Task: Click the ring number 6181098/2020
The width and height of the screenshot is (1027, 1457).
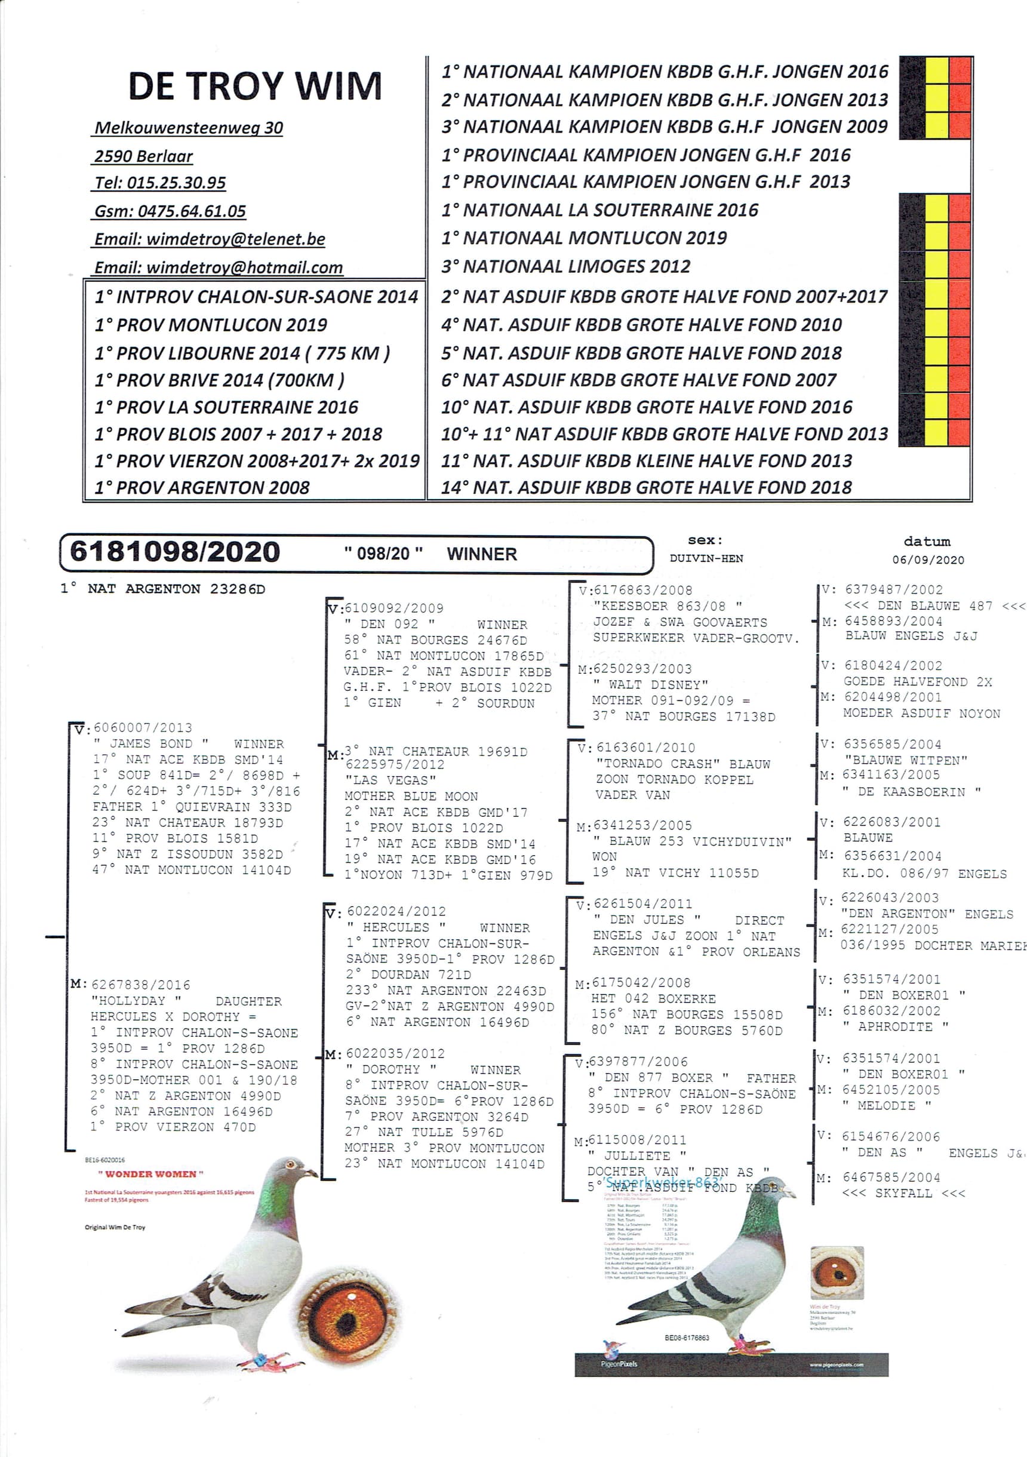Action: pyautogui.click(x=174, y=552)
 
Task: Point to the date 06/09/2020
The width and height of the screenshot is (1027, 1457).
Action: pyautogui.click(x=927, y=560)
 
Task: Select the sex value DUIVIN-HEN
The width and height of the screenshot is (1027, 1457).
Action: pyautogui.click(x=706, y=558)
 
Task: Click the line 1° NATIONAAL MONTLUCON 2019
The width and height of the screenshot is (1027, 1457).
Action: pyautogui.click(x=584, y=238)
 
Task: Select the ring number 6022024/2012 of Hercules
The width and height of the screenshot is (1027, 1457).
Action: pyautogui.click(x=396, y=911)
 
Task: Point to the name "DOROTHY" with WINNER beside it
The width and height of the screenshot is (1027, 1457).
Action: pyautogui.click(x=391, y=1069)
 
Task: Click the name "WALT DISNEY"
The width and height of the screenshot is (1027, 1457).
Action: pyautogui.click(x=651, y=685)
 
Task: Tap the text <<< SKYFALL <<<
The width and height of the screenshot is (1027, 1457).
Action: pyautogui.click(x=903, y=1193)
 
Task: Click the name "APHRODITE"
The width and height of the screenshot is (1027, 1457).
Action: pyautogui.click(x=895, y=1026)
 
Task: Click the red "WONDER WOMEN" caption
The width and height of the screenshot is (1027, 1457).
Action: pyautogui.click(x=150, y=1174)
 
